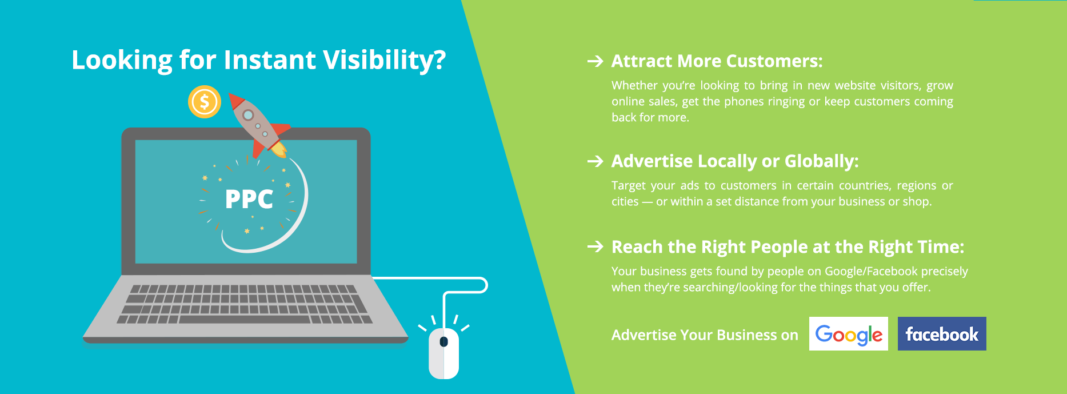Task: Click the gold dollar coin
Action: coord(205,102)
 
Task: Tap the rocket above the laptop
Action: coord(258,125)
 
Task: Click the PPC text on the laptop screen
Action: coord(249,199)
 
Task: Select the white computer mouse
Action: coord(444,353)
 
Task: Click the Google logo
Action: coord(849,334)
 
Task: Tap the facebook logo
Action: coord(942,334)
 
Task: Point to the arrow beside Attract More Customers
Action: coord(596,61)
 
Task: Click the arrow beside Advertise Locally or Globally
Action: coord(596,161)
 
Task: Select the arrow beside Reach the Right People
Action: coord(596,246)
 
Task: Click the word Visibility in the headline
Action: coord(385,61)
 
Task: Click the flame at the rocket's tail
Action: coord(278,149)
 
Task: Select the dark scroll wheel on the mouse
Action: coord(443,342)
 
